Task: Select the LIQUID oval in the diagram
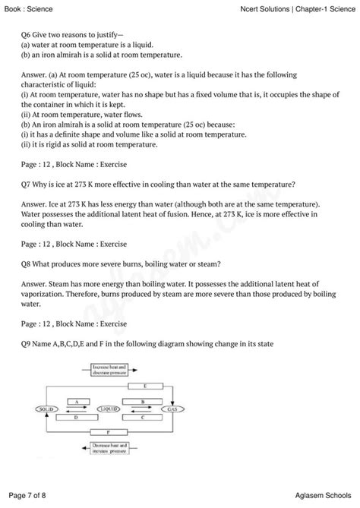(x=109, y=409)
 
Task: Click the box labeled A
(x=76, y=400)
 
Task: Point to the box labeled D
(x=76, y=417)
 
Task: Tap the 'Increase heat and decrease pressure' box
(x=106, y=369)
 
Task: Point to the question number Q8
(x=29, y=263)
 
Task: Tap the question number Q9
(x=29, y=344)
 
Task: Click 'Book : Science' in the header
(x=29, y=8)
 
